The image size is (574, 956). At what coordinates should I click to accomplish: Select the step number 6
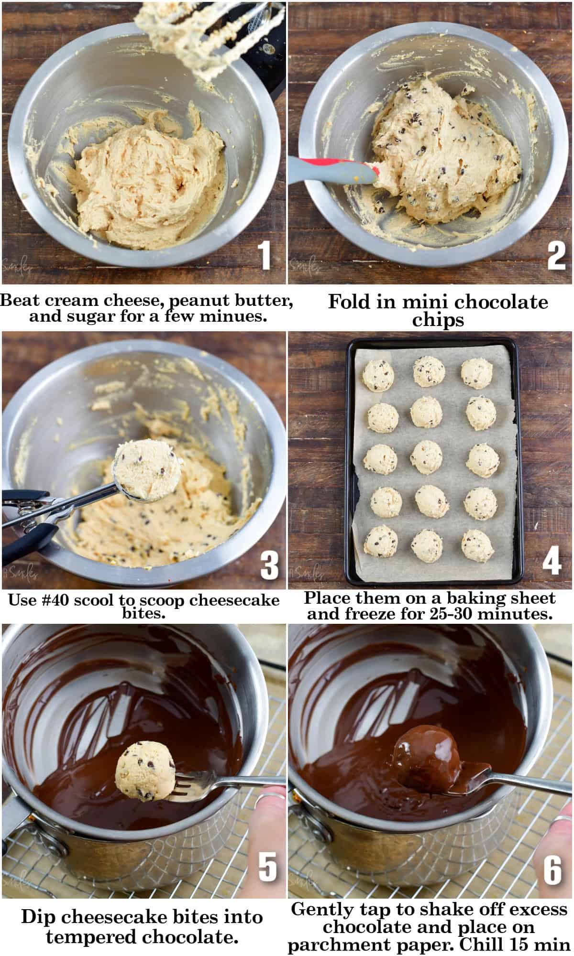pyautogui.click(x=552, y=869)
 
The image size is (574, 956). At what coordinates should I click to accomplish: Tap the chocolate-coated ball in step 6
pyautogui.click(x=426, y=760)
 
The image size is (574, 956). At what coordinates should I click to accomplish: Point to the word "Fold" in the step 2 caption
pyautogui.click(x=347, y=302)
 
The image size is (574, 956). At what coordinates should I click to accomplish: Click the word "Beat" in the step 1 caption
pyautogui.click(x=22, y=301)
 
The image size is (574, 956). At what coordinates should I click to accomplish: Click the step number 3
pyautogui.click(x=269, y=565)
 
